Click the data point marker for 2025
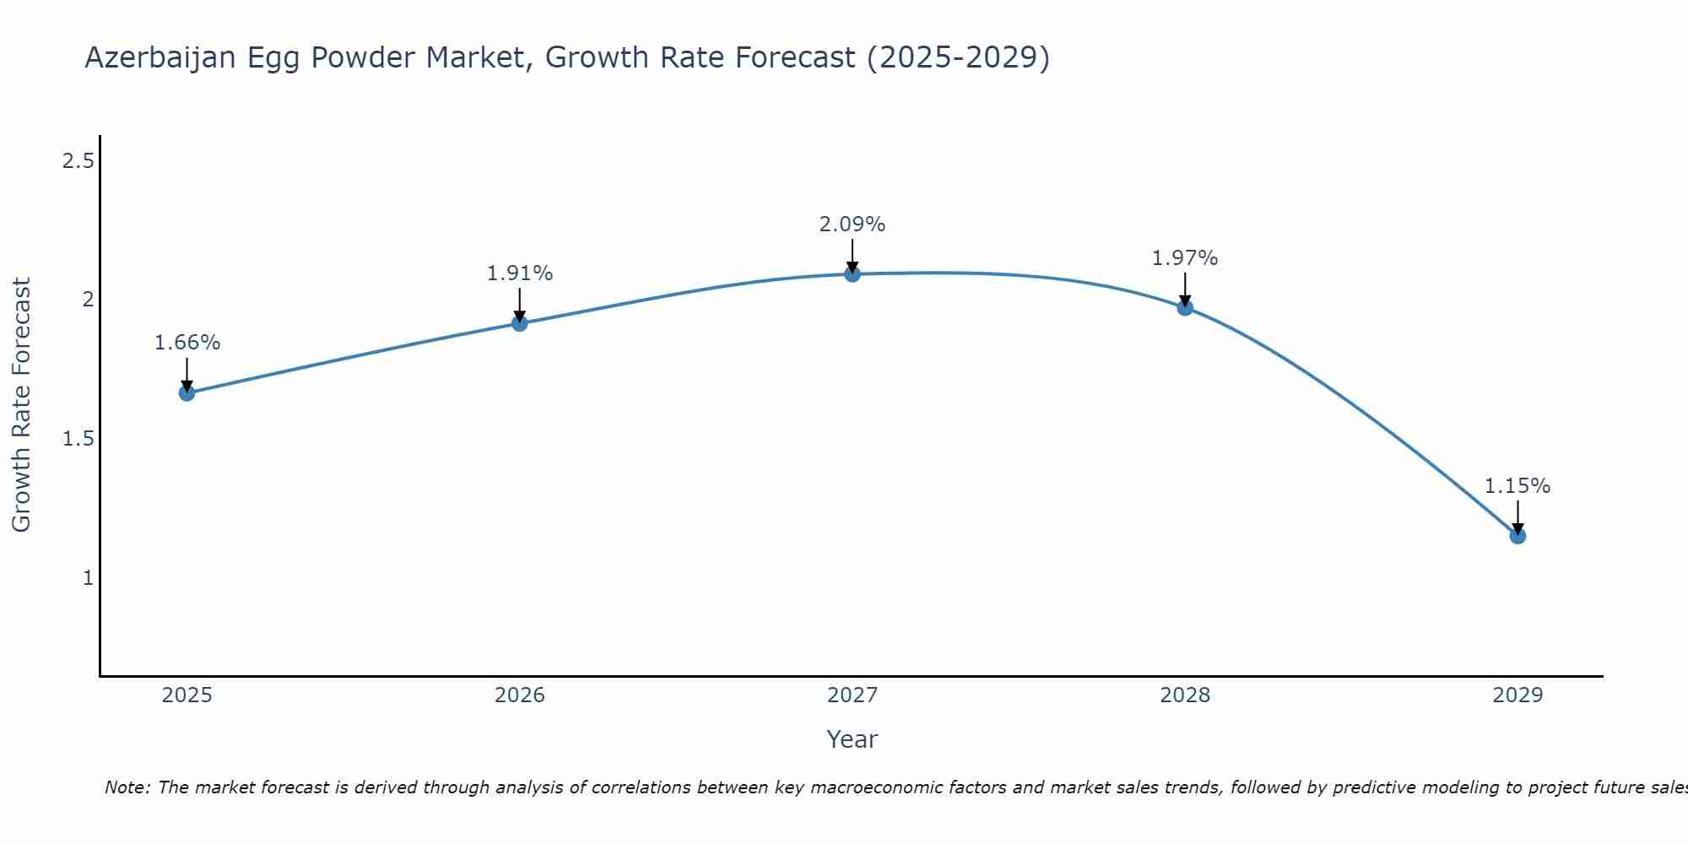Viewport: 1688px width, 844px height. (x=187, y=393)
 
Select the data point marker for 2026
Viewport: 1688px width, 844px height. (x=519, y=323)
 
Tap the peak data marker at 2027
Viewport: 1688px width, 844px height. (x=852, y=273)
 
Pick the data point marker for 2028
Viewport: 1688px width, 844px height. (x=1185, y=307)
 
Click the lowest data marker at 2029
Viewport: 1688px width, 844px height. (x=1518, y=536)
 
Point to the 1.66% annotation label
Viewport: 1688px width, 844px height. (x=187, y=343)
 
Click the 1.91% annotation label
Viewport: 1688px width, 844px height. (x=519, y=273)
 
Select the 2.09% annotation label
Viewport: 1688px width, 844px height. (x=852, y=225)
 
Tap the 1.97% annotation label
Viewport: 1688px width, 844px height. (x=1185, y=258)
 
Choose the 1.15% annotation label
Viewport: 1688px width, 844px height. (x=1518, y=486)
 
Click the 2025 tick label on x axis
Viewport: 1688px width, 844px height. (x=187, y=695)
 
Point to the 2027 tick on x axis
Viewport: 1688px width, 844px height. (x=852, y=695)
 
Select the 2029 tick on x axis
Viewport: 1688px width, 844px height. (x=1518, y=695)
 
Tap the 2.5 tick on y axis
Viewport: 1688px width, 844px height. (x=78, y=160)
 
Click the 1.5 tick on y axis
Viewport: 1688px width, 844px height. (x=78, y=439)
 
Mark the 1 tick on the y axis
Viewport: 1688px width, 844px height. (x=88, y=578)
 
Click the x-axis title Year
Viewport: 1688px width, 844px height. (x=852, y=739)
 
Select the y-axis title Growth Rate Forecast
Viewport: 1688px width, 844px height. (x=21, y=405)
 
